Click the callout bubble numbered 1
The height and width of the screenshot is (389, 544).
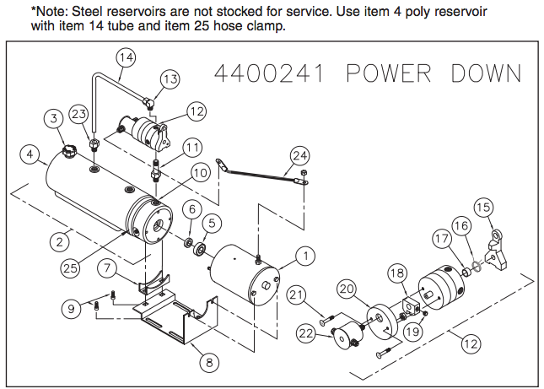[304, 253]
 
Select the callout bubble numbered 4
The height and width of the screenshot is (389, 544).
[31, 155]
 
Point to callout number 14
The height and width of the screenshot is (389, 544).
[126, 58]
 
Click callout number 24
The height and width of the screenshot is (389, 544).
[300, 155]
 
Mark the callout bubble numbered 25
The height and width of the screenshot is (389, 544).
[71, 268]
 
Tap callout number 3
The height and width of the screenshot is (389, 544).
[53, 117]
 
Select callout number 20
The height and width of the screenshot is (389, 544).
[347, 288]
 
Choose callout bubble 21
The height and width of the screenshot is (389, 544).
[294, 294]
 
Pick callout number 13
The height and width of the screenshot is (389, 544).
[170, 79]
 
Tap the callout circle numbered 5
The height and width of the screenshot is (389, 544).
[211, 224]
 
